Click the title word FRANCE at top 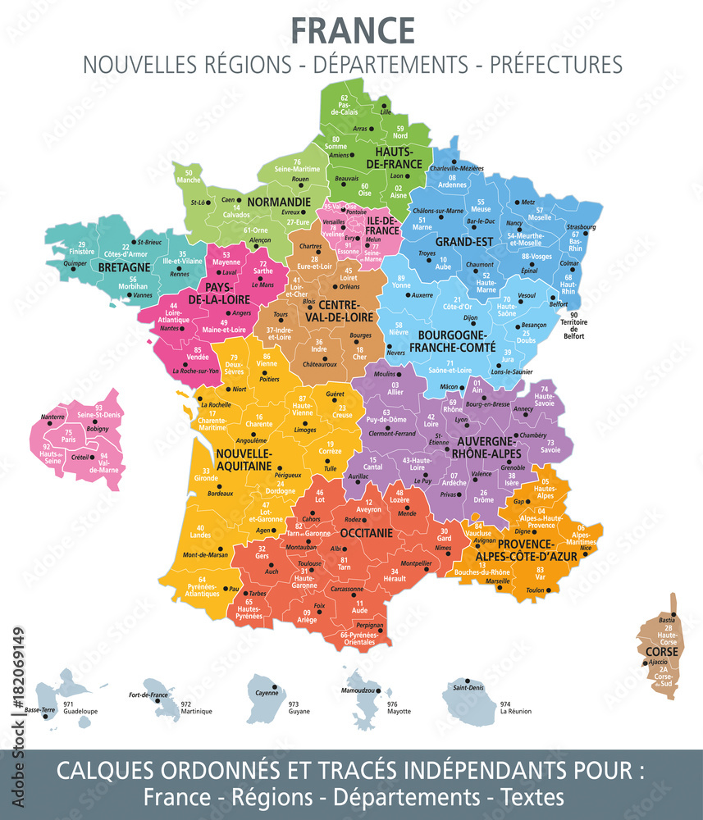[x=353, y=30]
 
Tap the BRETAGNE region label [x=123, y=267]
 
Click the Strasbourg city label [x=581, y=226]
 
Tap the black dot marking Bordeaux [x=209, y=484]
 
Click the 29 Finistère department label [x=81, y=248]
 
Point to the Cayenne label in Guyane [x=267, y=693]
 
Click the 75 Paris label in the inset [x=69, y=436]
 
